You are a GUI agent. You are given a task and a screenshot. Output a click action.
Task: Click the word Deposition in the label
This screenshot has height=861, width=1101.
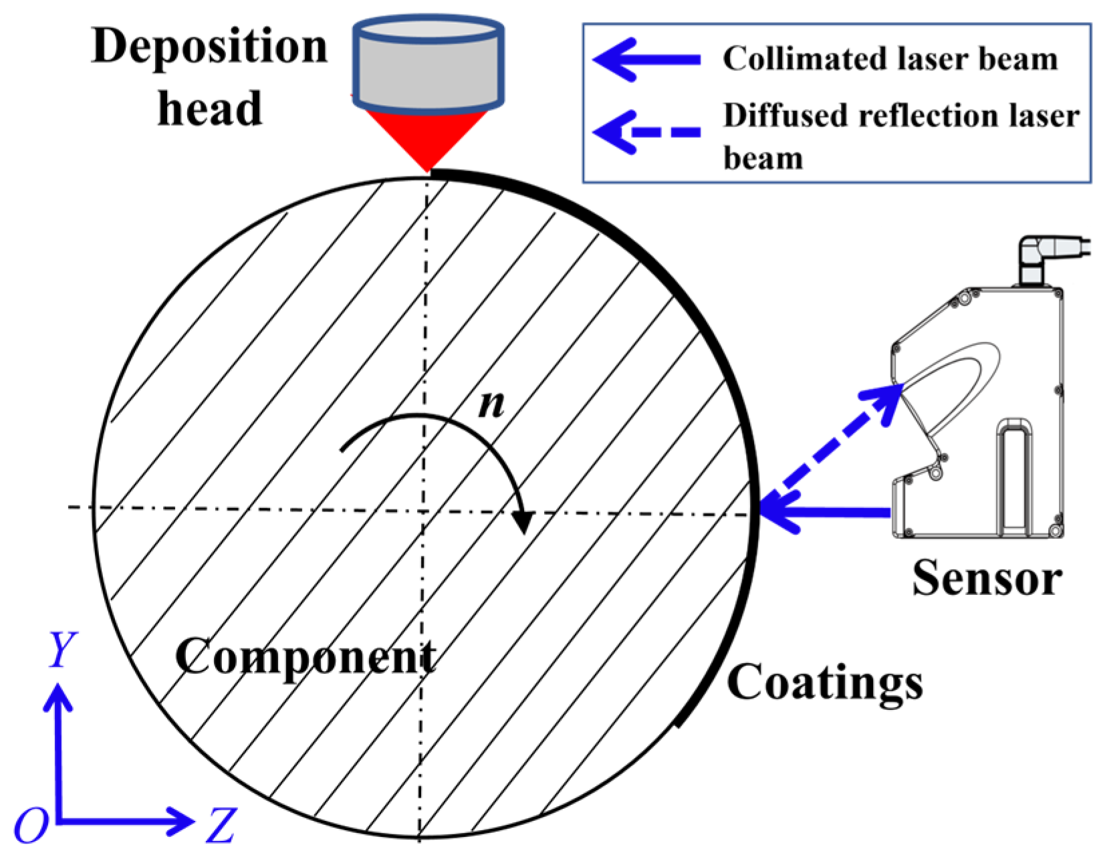click(x=209, y=47)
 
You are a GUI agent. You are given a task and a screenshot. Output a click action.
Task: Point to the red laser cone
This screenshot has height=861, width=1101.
click(x=428, y=137)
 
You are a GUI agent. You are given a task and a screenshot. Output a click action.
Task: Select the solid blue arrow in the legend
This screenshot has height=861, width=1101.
click(x=646, y=59)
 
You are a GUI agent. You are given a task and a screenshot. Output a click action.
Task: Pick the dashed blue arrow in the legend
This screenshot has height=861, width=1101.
click(x=646, y=132)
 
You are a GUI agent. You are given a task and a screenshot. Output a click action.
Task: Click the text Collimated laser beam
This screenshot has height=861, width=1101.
click(x=890, y=59)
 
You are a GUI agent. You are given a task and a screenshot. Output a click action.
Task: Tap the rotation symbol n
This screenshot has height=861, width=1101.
click(x=491, y=403)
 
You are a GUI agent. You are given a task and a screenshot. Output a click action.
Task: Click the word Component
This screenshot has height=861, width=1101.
click(x=305, y=656)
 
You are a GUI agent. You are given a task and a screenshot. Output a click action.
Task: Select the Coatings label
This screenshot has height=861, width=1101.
click(x=824, y=683)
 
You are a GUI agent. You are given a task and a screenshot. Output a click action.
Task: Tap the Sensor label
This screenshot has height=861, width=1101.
click(x=987, y=578)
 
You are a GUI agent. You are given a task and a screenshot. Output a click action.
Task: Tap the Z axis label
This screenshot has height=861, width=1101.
click(x=221, y=825)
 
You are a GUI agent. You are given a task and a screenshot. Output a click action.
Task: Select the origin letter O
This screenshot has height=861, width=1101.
click(x=31, y=826)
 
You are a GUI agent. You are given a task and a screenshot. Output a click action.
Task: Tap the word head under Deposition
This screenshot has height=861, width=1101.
click(x=209, y=109)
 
